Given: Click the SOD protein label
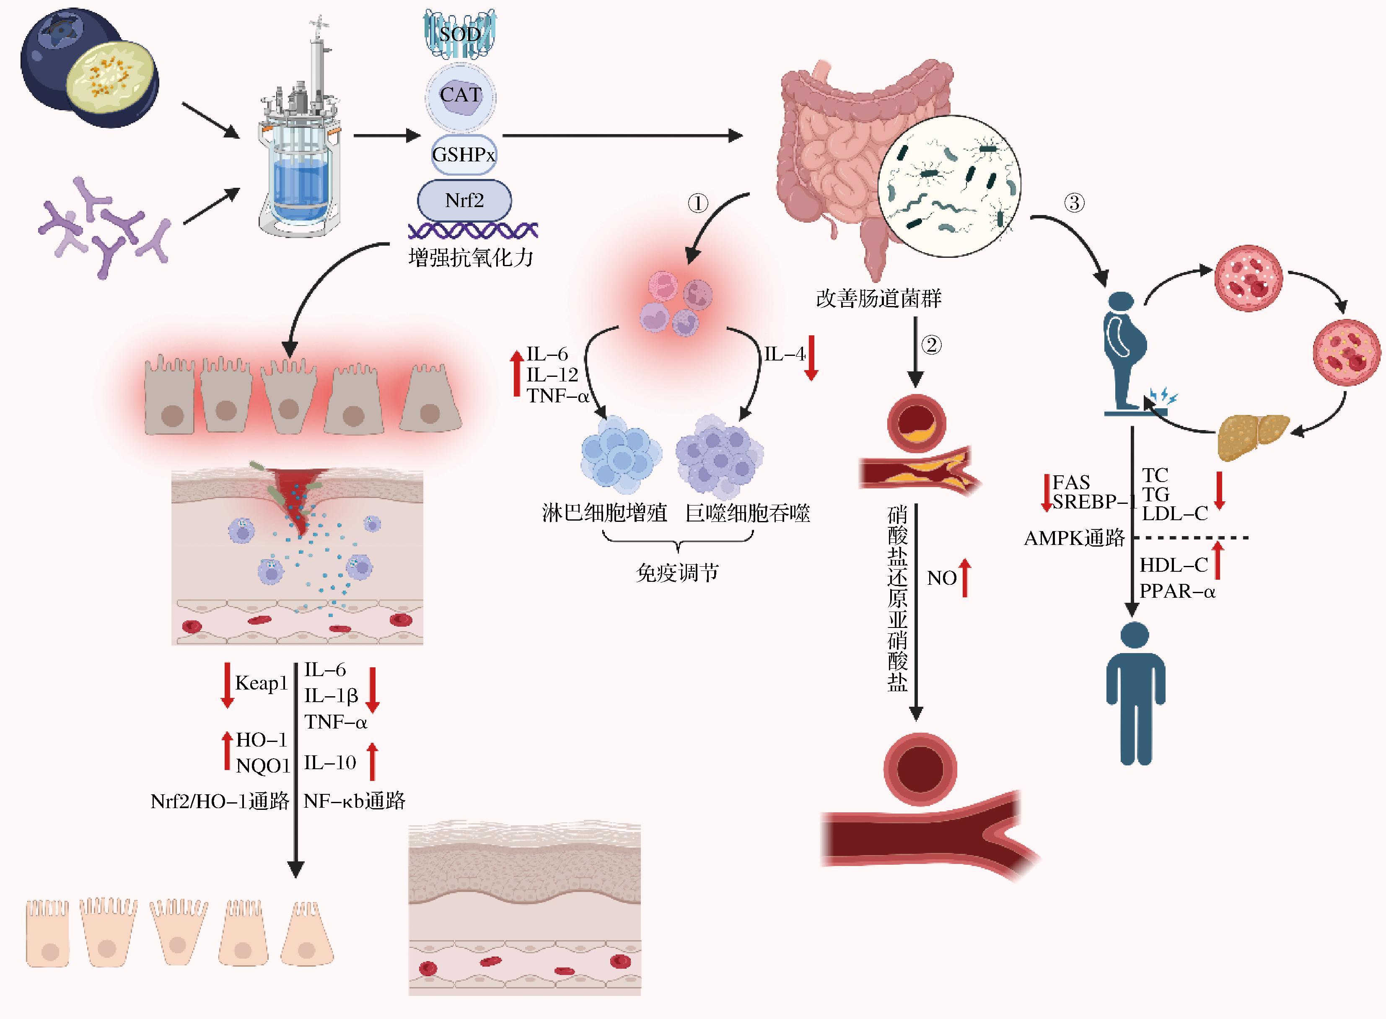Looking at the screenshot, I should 459,34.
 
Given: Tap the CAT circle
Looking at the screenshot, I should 460,96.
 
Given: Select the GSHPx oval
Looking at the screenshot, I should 463,154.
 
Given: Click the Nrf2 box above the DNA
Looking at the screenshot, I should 464,200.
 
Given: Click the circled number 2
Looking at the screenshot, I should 931,345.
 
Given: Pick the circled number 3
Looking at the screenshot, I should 1074,203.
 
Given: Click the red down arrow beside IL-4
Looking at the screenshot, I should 812,358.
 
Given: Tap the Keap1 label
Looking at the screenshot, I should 261,683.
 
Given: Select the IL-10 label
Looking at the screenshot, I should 330,763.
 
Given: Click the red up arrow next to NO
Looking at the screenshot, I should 965,577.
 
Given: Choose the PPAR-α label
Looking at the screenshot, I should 1177,591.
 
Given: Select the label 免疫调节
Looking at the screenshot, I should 677,573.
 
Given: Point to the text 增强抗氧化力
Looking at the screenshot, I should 471,258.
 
